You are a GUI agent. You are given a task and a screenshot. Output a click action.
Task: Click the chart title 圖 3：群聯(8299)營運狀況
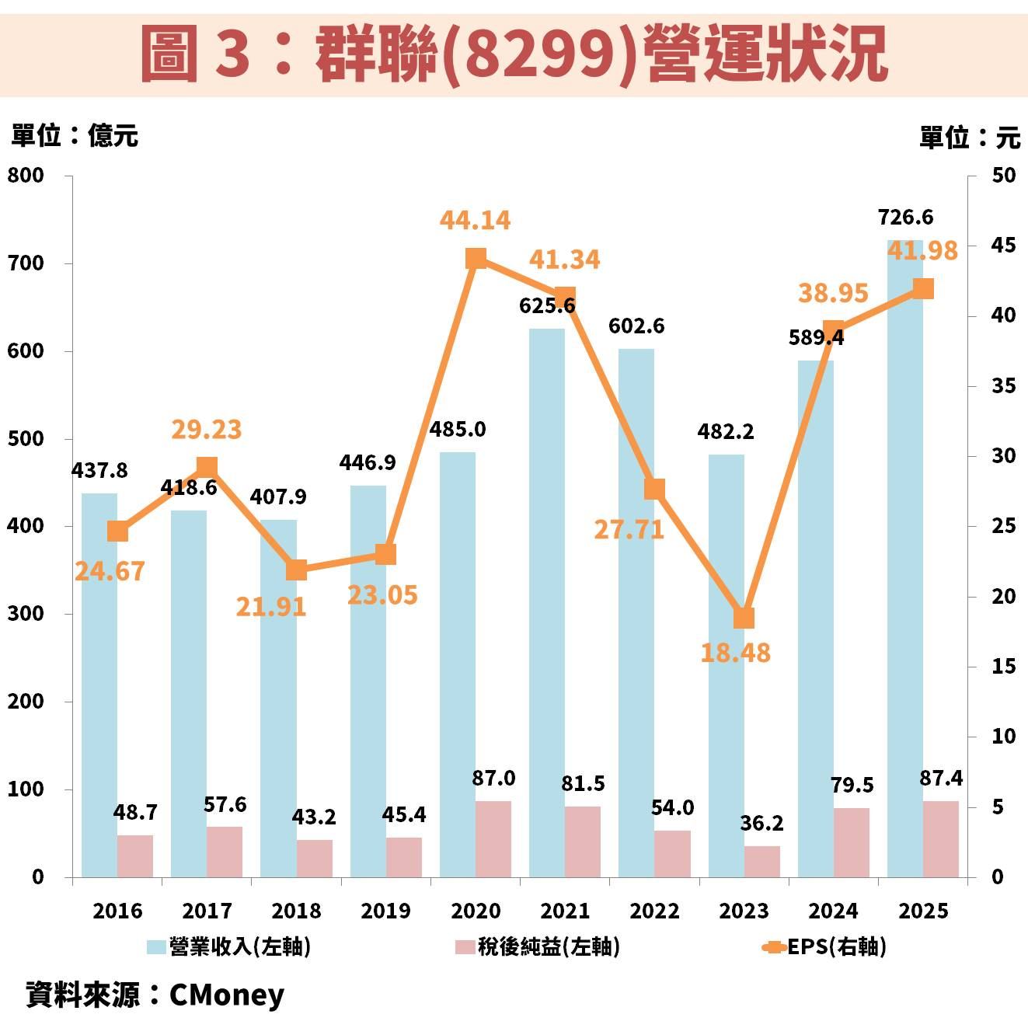click(514, 53)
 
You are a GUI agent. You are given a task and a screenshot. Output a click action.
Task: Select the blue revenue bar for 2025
click(905, 559)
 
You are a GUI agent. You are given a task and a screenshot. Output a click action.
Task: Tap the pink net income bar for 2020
click(493, 839)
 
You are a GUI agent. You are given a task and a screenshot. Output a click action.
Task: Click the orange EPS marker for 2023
click(744, 618)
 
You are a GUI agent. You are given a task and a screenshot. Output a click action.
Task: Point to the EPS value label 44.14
click(475, 220)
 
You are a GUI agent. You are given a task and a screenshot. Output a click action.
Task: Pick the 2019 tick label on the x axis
click(386, 911)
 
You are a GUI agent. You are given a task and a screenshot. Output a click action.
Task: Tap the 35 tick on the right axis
click(1003, 386)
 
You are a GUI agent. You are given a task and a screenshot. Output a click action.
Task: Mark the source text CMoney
click(226, 995)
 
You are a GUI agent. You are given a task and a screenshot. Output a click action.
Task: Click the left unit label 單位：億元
click(74, 136)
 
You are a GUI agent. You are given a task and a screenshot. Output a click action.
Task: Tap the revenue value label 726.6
click(905, 217)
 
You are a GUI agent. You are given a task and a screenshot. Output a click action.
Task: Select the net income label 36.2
click(761, 822)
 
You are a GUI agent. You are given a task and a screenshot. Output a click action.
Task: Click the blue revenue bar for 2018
click(278, 699)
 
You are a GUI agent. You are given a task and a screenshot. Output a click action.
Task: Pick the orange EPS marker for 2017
click(207, 467)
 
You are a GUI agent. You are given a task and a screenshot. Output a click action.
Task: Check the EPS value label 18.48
click(735, 653)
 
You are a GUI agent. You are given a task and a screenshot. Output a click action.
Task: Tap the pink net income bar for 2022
click(672, 853)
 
